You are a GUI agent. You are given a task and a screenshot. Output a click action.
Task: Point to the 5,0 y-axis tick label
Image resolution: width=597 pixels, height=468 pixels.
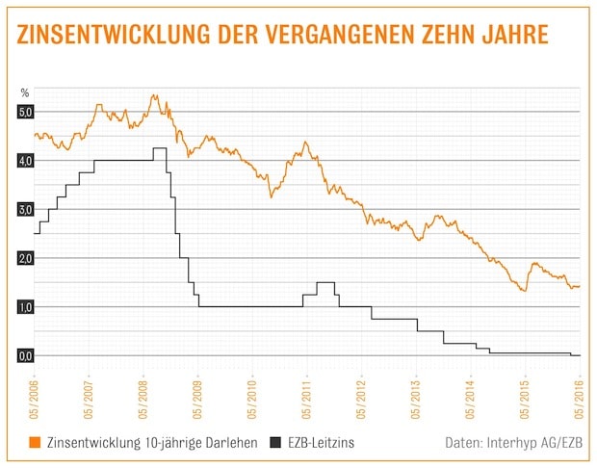(x=25, y=113)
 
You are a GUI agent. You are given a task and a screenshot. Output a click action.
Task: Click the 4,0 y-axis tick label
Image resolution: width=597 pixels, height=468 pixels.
(x=25, y=161)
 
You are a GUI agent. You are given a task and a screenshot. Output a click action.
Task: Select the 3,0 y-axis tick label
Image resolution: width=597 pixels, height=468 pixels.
(x=25, y=210)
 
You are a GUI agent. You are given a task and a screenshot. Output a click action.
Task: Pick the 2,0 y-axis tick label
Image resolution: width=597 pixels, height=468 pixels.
(x=25, y=258)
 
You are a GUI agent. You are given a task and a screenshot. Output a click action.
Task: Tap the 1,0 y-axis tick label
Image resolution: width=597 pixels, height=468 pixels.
(x=25, y=307)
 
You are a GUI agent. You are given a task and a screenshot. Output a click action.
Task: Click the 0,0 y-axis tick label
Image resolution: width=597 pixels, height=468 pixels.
(x=25, y=356)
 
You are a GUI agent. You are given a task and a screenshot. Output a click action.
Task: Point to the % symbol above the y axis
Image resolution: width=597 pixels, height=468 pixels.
(x=25, y=92)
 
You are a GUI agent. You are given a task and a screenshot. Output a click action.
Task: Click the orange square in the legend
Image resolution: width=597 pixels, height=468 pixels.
(x=35, y=443)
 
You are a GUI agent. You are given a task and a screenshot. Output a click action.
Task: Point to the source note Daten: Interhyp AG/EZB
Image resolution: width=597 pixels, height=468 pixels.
(x=513, y=443)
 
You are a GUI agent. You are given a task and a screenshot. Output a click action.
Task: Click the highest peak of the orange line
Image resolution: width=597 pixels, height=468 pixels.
(x=154, y=95)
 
